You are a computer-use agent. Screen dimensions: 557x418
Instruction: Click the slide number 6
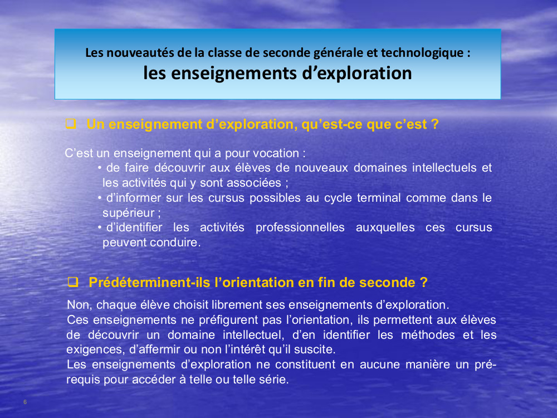pyautogui.click(x=25, y=402)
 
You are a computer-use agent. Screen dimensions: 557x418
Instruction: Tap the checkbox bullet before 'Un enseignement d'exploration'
pyautogui.click(x=71, y=124)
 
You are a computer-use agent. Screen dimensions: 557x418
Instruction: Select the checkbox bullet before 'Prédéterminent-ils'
pyautogui.click(x=73, y=282)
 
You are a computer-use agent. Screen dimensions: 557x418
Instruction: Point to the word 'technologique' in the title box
pyautogui.click(x=422, y=53)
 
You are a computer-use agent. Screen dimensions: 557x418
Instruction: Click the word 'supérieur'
pyautogui.click(x=128, y=213)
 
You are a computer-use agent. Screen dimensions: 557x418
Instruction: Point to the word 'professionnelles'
pyautogui.click(x=300, y=227)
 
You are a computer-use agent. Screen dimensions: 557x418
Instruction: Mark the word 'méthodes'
pyautogui.click(x=428, y=335)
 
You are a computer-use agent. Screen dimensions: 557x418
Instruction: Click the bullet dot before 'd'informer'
pyautogui.click(x=100, y=198)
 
